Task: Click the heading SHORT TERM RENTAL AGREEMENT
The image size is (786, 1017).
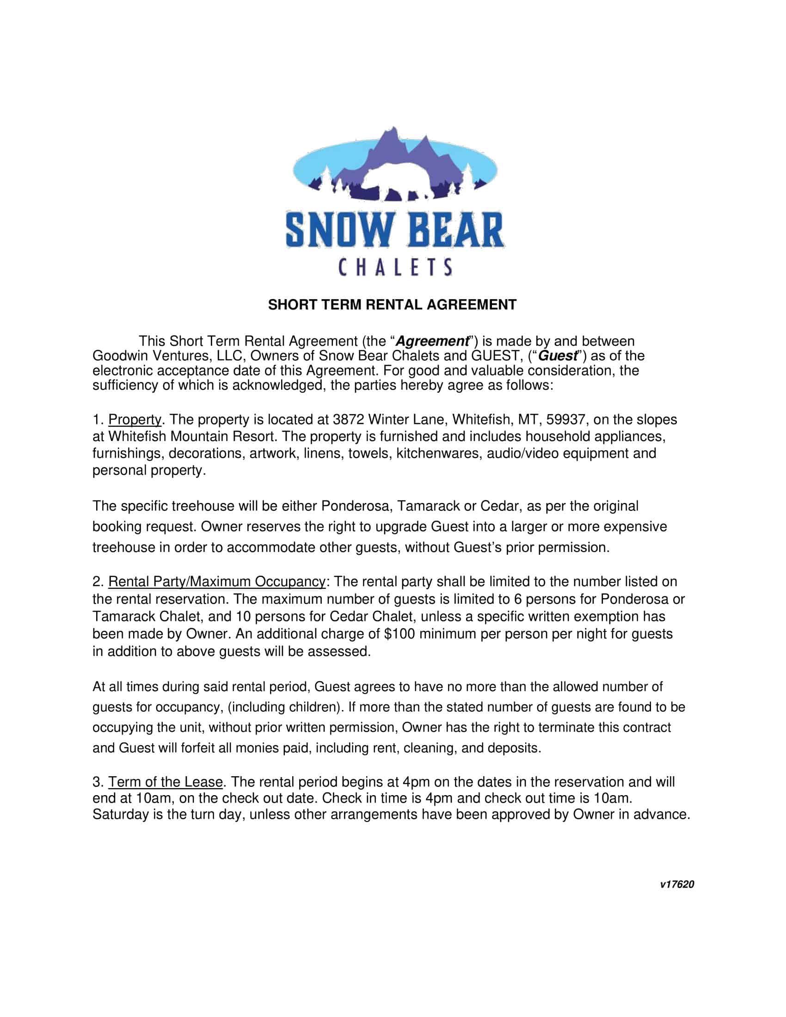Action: [392, 305]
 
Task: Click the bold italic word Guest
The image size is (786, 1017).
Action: [558, 356]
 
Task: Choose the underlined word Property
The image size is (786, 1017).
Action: [135, 420]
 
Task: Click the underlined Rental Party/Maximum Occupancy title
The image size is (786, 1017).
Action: [216, 582]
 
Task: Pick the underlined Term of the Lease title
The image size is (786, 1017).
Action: [166, 782]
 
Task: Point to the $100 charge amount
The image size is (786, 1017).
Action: [399, 634]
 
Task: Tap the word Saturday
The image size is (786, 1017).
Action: [121, 815]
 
